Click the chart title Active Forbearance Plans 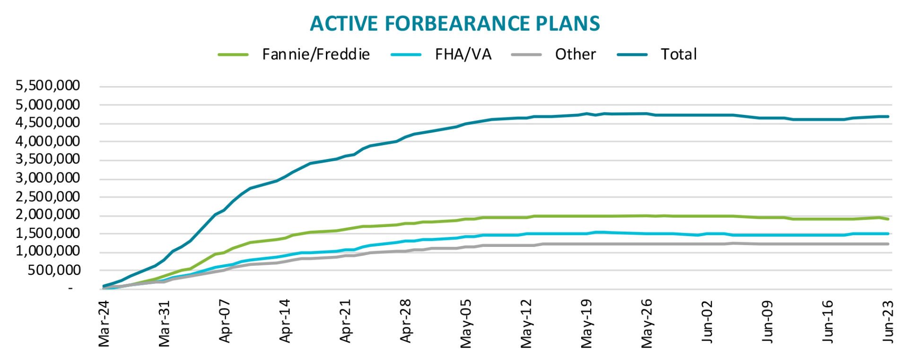point(454,24)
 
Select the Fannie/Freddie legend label point(316,54)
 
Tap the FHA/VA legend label point(463,54)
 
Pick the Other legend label point(575,54)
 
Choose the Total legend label point(679,54)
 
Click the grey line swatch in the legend point(526,55)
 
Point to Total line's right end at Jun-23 point(888,116)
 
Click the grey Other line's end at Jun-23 point(888,244)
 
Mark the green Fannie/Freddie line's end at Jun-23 point(888,219)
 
